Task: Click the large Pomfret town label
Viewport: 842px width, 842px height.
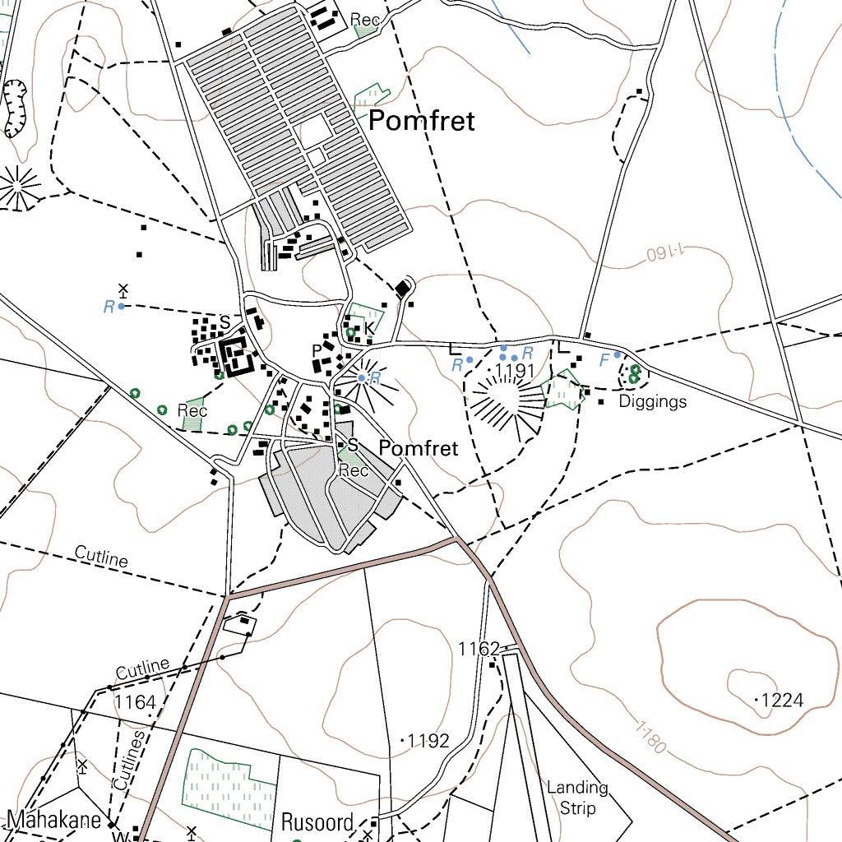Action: [x=421, y=122]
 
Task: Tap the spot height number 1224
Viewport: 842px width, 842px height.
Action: [x=782, y=701]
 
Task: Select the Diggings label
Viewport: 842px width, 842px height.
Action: [x=652, y=402]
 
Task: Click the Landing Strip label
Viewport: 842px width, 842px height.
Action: [x=577, y=797]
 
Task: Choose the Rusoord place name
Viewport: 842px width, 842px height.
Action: [x=317, y=822]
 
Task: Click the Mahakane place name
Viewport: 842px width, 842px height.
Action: [x=54, y=820]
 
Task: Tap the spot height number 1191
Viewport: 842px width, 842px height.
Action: [x=515, y=372]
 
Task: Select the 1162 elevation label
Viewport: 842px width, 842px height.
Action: [x=479, y=649]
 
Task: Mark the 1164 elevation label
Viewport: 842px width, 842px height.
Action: [x=135, y=701]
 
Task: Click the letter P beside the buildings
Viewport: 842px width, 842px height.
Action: [x=317, y=350]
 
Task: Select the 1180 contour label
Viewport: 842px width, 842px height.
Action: [x=650, y=738]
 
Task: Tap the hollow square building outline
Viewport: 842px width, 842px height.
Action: [x=236, y=357]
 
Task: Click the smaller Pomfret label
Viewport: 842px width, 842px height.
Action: [x=418, y=448]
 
